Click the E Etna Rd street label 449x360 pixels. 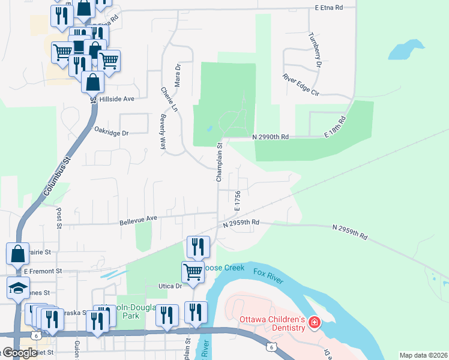[x=328, y=8]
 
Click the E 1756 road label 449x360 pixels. [x=238, y=200]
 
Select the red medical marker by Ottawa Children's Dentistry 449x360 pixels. [x=314, y=323]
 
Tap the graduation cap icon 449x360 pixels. [x=18, y=289]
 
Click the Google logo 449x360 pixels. [x=19, y=353]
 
